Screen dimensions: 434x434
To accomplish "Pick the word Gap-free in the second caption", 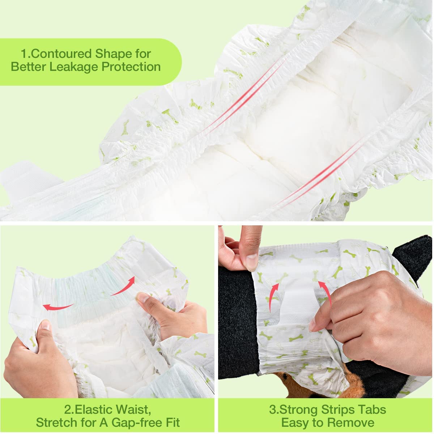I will [134, 422].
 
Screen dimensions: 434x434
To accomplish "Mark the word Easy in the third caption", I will [296, 422].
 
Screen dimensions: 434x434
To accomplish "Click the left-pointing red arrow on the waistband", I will [58, 307].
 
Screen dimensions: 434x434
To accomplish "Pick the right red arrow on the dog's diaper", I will [325, 293].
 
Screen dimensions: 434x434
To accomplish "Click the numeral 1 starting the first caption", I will [24, 54].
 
